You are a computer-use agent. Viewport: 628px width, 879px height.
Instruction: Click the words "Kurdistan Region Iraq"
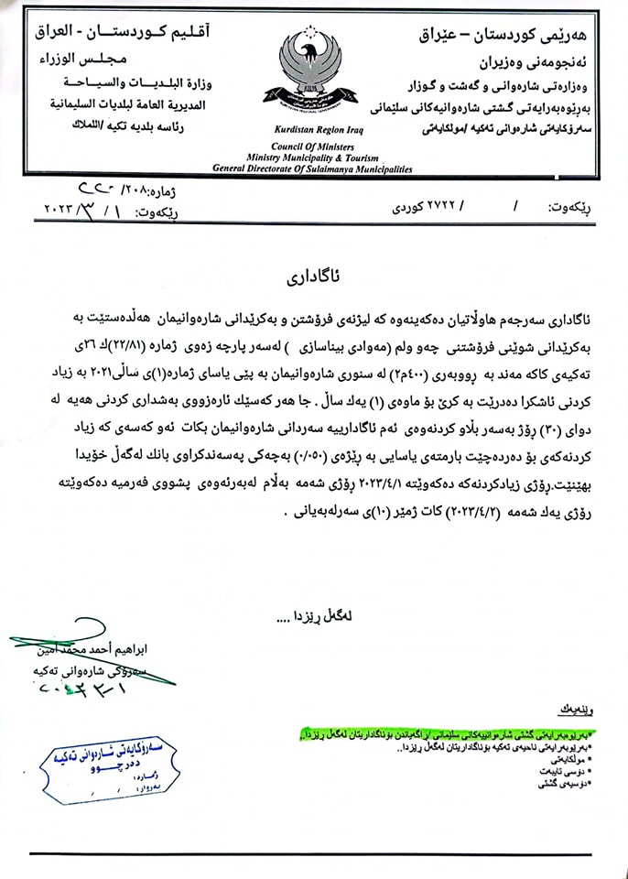click(x=312, y=131)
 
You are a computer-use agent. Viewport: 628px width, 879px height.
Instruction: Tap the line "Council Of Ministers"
click(x=312, y=146)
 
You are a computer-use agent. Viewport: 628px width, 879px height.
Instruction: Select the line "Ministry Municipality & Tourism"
click(x=312, y=157)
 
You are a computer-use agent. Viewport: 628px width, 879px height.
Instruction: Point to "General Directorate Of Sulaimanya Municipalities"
click(x=312, y=169)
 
